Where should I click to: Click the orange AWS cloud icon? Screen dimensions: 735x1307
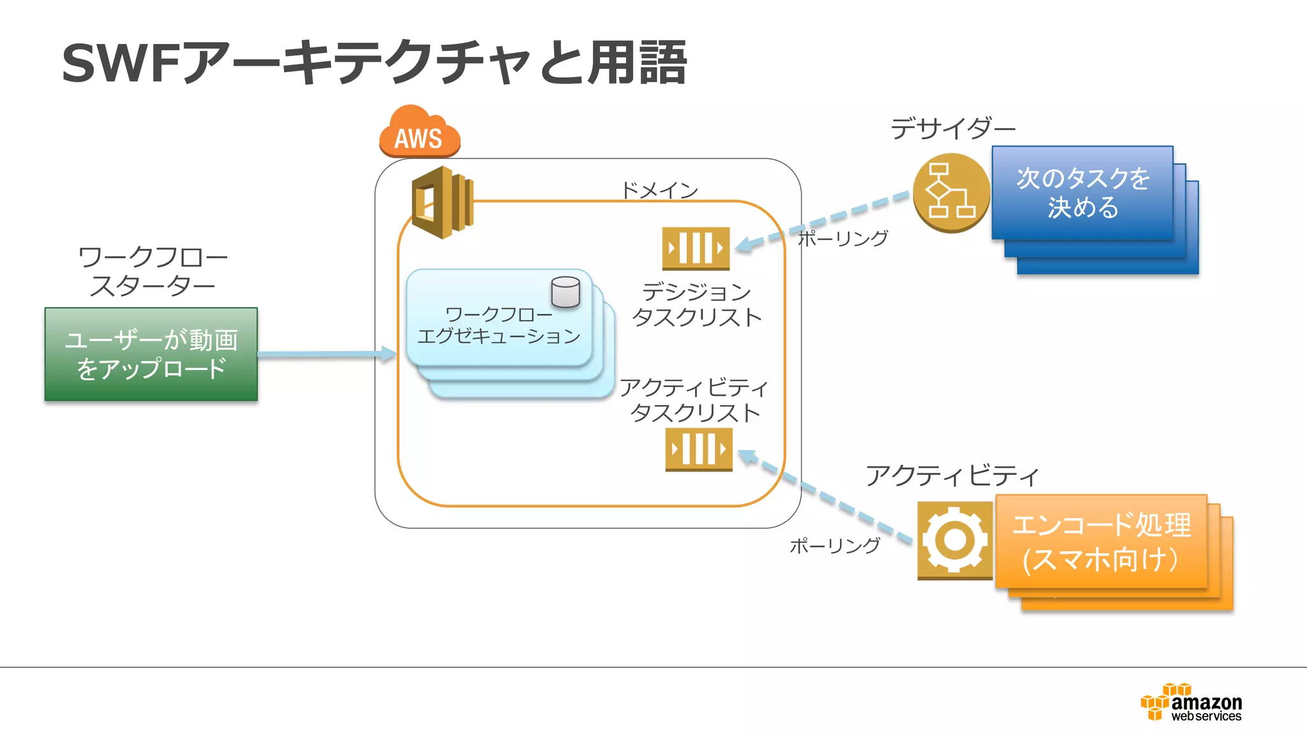point(419,133)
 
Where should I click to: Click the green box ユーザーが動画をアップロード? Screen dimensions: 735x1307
point(151,354)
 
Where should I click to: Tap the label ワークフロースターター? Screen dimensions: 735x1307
point(153,272)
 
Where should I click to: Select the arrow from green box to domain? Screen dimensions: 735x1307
point(325,354)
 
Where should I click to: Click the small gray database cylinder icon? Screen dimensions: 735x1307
point(565,292)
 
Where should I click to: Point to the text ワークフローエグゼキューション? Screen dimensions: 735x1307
point(498,325)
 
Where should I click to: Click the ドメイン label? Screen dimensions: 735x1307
point(660,190)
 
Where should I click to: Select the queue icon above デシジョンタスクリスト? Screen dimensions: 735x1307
point(696,248)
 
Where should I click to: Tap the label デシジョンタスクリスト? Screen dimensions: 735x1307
point(696,304)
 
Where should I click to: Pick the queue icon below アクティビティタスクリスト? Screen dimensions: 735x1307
point(699,449)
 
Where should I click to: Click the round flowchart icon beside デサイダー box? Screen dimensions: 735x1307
point(951,192)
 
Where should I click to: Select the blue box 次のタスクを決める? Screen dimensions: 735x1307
point(1082,193)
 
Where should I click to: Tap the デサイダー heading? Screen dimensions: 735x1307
point(953,129)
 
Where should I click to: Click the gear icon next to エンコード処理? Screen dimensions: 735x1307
point(955,540)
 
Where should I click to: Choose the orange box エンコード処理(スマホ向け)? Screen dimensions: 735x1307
point(1101,542)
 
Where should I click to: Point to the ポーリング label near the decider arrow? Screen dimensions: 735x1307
point(843,239)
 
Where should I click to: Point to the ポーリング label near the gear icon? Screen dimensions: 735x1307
point(835,546)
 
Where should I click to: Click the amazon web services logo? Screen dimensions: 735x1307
point(1191,703)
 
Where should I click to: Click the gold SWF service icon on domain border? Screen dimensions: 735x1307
point(442,202)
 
